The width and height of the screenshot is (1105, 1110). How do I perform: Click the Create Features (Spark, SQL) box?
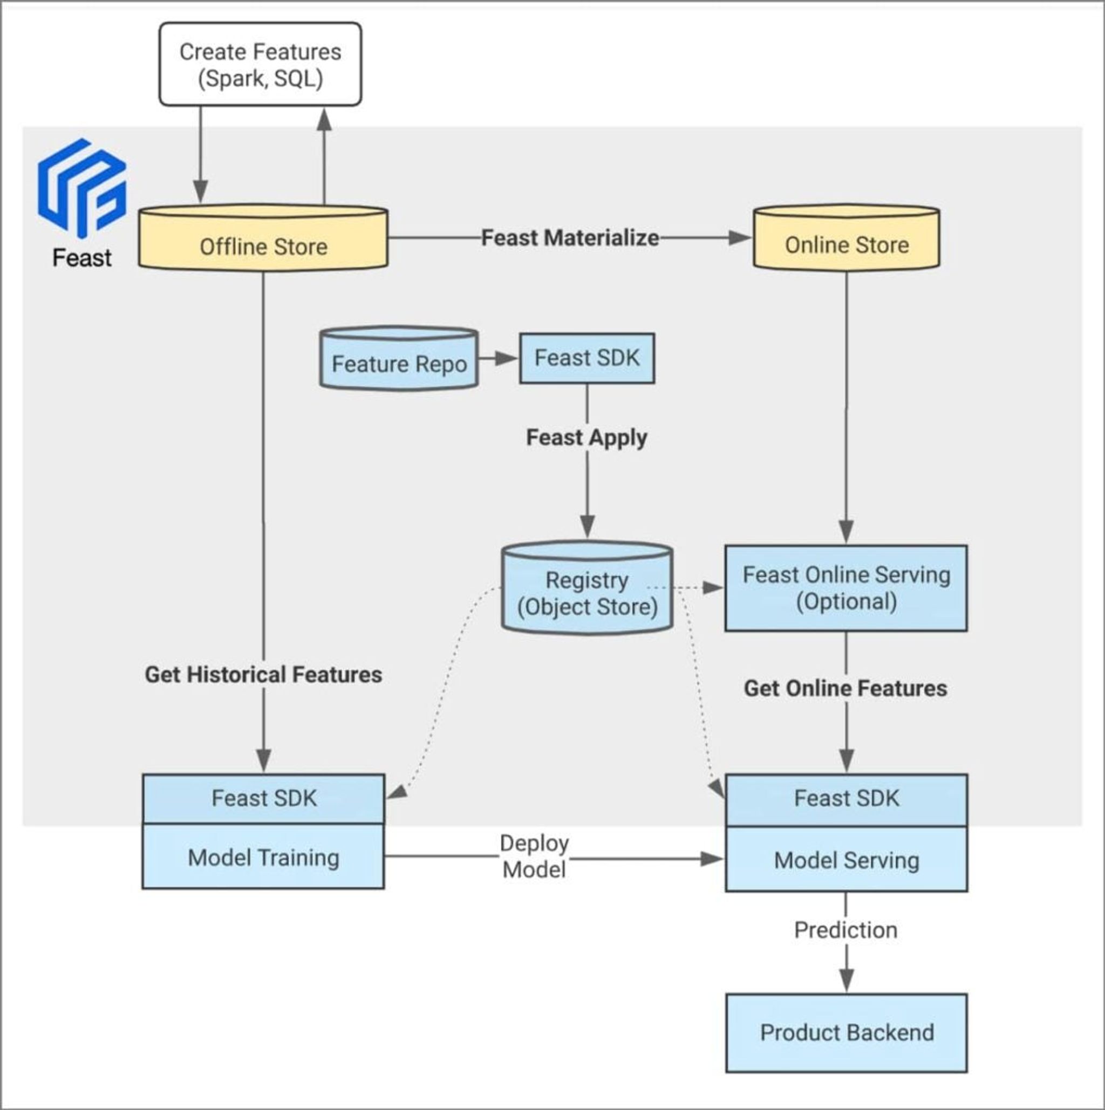[260, 64]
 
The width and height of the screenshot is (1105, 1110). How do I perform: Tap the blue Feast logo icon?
[81, 187]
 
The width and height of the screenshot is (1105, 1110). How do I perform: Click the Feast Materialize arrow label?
[569, 237]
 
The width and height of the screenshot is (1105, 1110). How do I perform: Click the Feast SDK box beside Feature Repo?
[586, 358]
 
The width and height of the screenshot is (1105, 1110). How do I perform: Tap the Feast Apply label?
[586, 438]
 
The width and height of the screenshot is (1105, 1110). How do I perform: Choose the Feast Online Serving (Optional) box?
[846, 588]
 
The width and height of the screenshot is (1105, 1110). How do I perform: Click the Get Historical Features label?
[263, 675]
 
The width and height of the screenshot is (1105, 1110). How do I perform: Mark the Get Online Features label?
[845, 688]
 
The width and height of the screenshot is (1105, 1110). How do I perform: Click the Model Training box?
[263, 858]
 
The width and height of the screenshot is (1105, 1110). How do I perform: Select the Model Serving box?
[846, 860]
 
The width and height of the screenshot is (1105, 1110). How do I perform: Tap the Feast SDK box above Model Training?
[263, 799]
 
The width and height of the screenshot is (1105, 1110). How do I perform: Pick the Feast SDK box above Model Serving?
[846, 799]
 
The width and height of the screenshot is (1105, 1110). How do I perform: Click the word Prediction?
[845, 930]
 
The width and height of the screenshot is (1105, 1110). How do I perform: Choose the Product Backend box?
[846, 1032]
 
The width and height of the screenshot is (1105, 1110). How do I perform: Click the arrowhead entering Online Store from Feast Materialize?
[740, 237]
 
